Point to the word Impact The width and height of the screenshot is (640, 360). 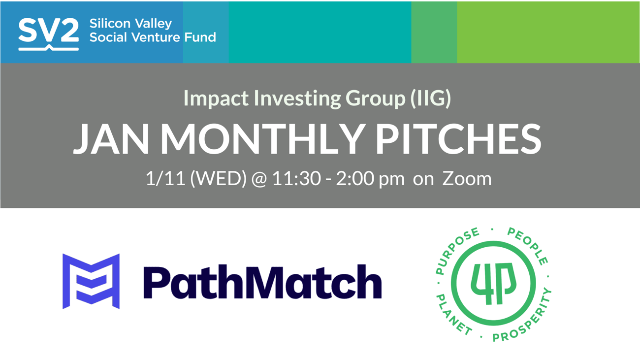(x=216, y=98)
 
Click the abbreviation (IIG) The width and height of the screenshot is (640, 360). (x=431, y=98)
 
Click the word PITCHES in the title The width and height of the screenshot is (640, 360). (x=458, y=139)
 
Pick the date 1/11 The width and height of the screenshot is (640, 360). (x=165, y=179)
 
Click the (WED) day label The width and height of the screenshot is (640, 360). (x=218, y=179)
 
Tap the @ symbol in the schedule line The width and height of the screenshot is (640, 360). (x=259, y=179)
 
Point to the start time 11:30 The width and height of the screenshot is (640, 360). (x=296, y=179)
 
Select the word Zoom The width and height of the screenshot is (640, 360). (x=467, y=179)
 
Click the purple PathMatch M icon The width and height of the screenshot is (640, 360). (x=91, y=281)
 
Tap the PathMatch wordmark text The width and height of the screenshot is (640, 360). (x=262, y=282)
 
